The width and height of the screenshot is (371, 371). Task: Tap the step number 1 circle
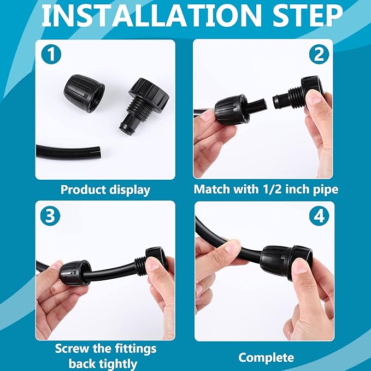point(50,55)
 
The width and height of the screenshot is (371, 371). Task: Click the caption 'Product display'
point(105,190)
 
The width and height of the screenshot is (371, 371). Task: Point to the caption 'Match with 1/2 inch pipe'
point(266,190)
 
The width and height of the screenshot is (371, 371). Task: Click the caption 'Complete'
point(266,358)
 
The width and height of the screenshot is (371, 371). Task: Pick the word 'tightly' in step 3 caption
point(119,363)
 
